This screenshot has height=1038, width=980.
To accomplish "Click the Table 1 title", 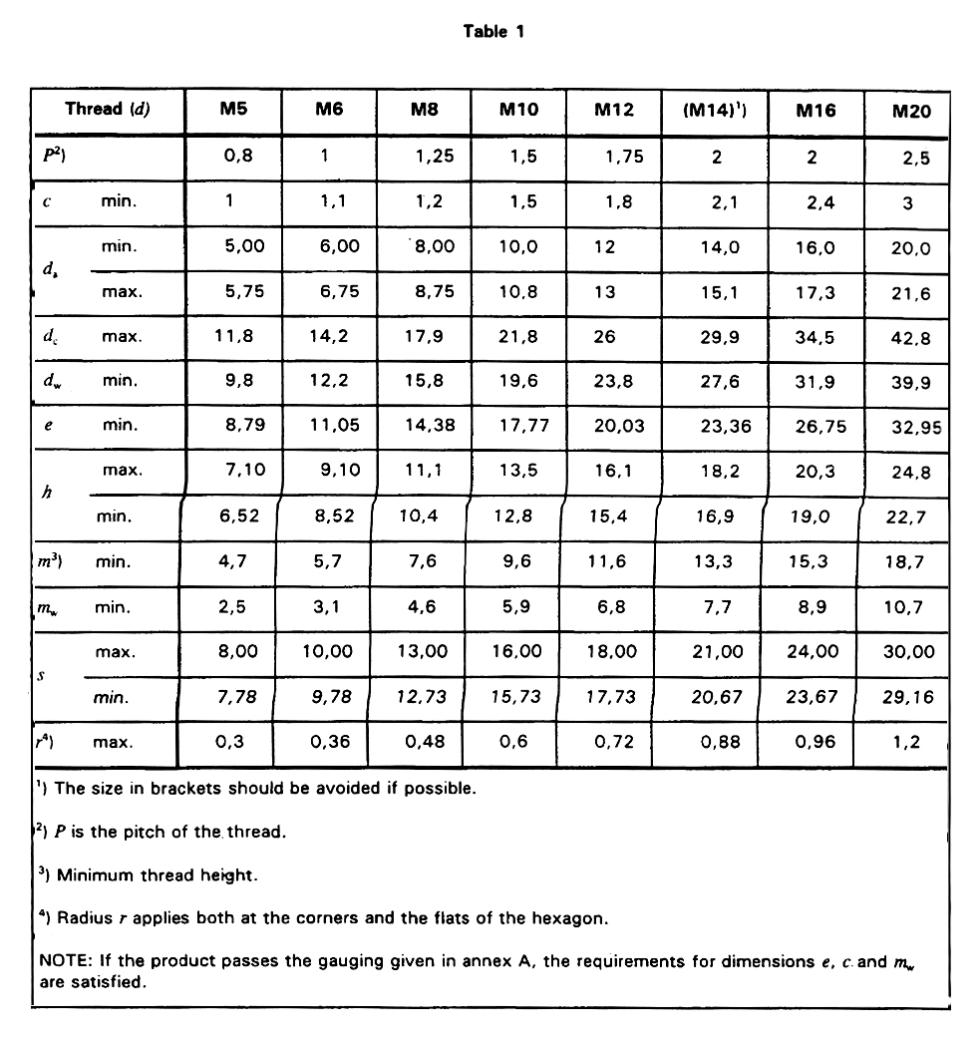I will click(x=493, y=31).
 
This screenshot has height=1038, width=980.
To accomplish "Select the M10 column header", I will click(x=518, y=110).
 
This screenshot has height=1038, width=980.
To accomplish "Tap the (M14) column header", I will click(x=716, y=111).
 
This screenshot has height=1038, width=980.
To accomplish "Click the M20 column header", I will click(x=911, y=111).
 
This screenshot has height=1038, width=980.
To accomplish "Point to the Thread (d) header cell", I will click(x=108, y=110).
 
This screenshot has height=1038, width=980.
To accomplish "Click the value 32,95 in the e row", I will click(x=910, y=429).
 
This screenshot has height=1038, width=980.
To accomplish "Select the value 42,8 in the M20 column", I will click(x=910, y=338).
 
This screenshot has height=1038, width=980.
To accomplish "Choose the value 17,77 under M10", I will click(x=517, y=426).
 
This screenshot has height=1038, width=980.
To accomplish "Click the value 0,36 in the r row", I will click(x=328, y=742).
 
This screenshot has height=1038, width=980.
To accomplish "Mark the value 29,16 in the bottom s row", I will click(x=908, y=697).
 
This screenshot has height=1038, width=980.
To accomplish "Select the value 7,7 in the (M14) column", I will click(x=716, y=606).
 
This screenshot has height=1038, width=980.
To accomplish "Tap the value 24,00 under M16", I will click(x=814, y=651).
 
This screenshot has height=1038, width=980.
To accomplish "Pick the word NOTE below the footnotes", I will click(x=62, y=961).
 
